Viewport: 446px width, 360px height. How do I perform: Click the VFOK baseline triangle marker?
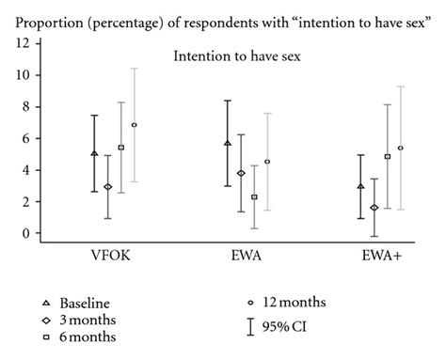[94, 153]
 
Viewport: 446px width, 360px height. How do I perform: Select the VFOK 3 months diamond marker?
[108, 187]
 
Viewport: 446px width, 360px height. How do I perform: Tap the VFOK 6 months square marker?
[121, 148]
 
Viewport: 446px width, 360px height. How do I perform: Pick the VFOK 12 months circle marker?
[135, 125]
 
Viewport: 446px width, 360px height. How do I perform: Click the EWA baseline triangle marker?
[227, 143]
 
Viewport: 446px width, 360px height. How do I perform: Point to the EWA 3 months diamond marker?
[241, 173]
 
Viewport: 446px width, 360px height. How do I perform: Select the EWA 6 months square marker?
[254, 197]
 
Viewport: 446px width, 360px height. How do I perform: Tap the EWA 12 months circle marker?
[267, 162]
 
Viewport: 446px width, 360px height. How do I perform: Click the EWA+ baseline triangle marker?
[360, 186]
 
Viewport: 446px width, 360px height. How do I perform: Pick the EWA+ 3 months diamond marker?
[374, 208]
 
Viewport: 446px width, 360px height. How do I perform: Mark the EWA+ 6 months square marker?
[388, 156]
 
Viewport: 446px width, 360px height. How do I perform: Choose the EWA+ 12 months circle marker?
[401, 148]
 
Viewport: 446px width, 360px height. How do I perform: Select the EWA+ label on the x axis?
[381, 256]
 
